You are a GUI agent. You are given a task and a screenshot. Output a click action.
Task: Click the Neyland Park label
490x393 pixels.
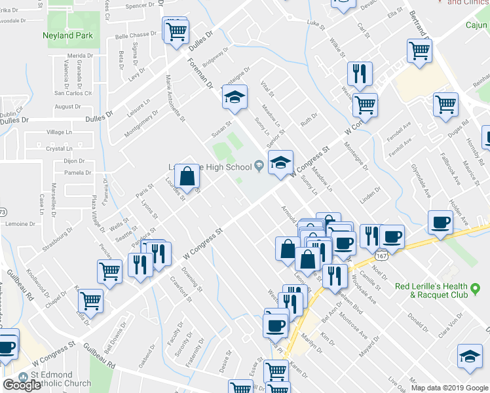[67, 35]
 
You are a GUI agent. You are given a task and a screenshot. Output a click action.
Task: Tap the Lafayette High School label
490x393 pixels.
[217, 167]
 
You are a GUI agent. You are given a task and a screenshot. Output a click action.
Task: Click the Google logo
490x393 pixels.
[22, 385]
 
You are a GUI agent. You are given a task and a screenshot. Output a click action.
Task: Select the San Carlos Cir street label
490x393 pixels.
[73, 93]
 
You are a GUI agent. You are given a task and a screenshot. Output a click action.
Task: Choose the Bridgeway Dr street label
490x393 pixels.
[216, 58]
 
